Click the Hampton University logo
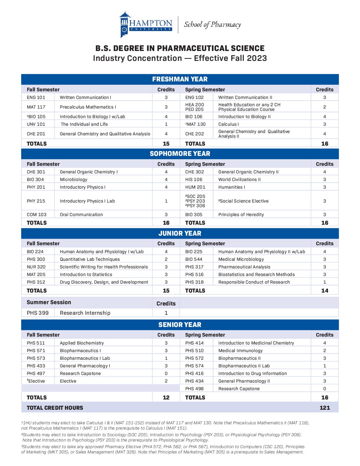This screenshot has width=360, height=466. click(x=146, y=25)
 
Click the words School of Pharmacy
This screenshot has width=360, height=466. click(x=212, y=25)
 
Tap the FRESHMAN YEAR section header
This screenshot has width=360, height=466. click(x=180, y=79)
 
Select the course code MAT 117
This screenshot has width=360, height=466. click(x=36, y=107)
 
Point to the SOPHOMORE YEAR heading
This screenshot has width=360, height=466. click(x=180, y=154)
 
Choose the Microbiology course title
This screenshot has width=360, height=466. click(x=73, y=179)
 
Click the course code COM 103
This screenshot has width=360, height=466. click(x=37, y=214)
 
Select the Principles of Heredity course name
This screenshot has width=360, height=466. click(x=241, y=214)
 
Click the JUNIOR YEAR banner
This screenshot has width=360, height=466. click(x=180, y=233)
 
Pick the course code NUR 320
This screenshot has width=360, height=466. click(x=36, y=267)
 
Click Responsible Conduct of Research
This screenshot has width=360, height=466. click(x=254, y=282)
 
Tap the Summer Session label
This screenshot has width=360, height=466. click(x=49, y=302)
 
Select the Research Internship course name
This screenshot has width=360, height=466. click(x=85, y=313)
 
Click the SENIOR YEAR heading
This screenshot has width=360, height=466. click(x=180, y=325)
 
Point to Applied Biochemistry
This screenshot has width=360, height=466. click(x=82, y=343)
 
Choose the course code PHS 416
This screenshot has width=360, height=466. click(x=194, y=373)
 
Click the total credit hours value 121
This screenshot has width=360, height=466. click(x=325, y=408)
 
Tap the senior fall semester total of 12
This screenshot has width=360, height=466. click(x=166, y=397)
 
